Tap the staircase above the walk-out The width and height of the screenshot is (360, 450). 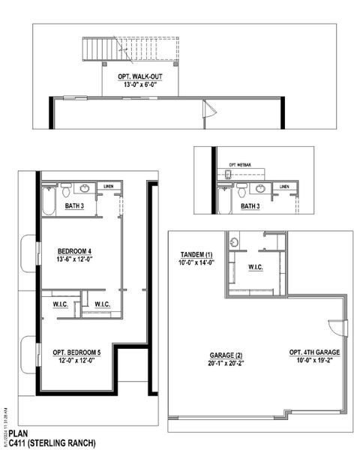coord(104,51)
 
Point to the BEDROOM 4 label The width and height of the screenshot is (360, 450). coord(74,251)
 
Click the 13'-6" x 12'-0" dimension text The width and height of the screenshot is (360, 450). coord(74,259)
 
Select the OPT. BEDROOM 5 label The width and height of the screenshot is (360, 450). coord(76,352)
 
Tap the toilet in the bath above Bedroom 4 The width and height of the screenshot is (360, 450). coord(65,188)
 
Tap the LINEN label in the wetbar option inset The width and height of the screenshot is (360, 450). coord(284,186)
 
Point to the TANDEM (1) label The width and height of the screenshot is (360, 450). coord(196,253)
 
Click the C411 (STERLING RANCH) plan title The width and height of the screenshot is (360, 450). coord(52,444)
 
